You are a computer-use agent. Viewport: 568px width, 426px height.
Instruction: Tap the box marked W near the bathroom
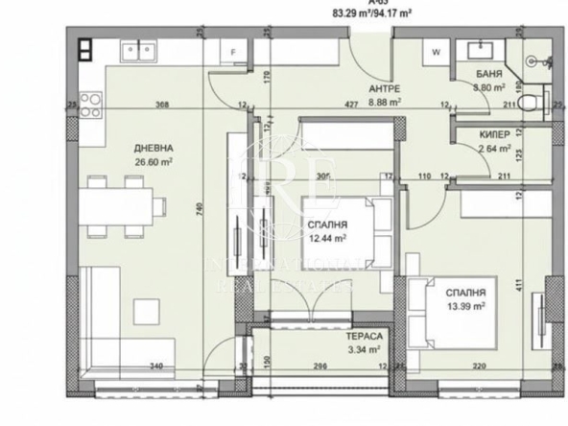click(x=436, y=54)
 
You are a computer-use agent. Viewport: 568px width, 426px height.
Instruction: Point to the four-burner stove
click(x=90, y=99)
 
